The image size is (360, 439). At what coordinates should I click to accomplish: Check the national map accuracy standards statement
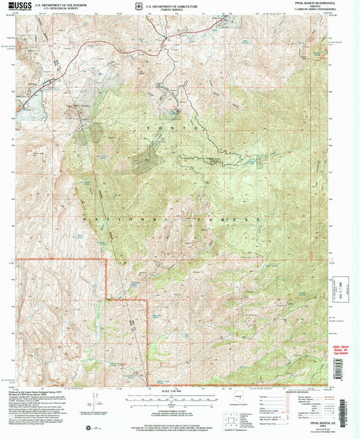[x=177, y=422]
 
